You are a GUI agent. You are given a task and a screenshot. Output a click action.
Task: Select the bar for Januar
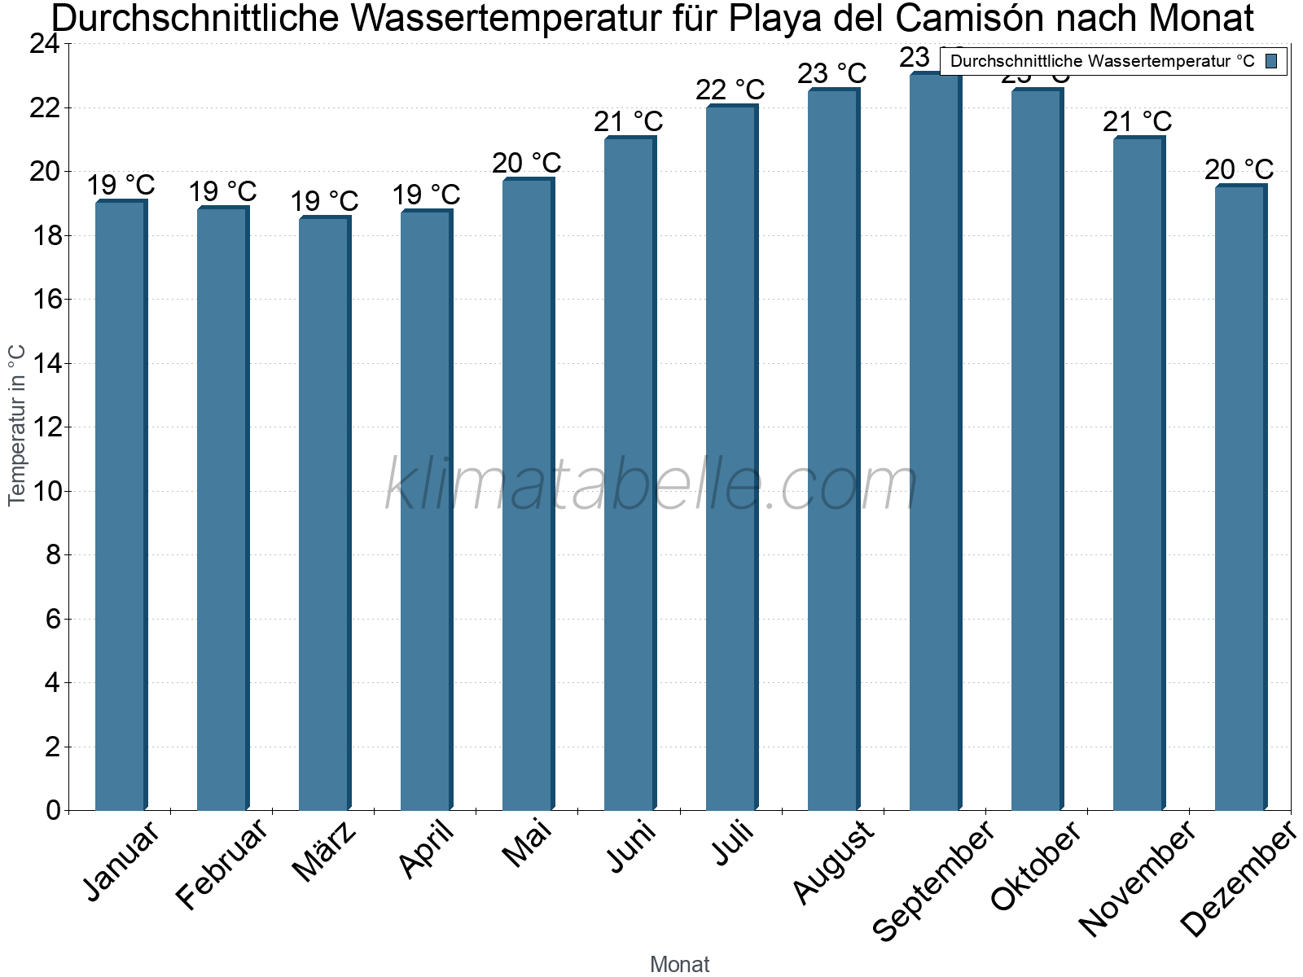pyautogui.click(x=121, y=505)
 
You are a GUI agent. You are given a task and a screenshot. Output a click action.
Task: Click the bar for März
pyautogui.click(x=324, y=513)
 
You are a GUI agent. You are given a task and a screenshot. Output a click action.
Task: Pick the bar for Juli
pyautogui.click(x=731, y=456)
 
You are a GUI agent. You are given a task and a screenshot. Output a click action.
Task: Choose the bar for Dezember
pyautogui.click(x=1240, y=497)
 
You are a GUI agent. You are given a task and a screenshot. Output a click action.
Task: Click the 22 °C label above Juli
pyautogui.click(x=730, y=90)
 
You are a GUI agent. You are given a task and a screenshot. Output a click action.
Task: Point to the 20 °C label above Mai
pyautogui.click(x=527, y=163)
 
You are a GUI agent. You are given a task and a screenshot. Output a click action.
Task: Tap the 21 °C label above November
pyautogui.click(x=1138, y=121)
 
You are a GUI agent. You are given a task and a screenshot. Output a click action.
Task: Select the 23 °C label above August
pyautogui.click(x=832, y=73)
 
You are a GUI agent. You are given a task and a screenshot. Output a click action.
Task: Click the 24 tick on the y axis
pyautogui.click(x=45, y=44)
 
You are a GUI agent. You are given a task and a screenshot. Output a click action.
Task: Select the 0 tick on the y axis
pyautogui.click(x=54, y=810)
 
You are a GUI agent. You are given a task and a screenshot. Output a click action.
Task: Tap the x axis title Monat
pyautogui.click(x=680, y=964)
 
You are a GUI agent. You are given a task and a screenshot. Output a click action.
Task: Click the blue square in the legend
pyautogui.click(x=1272, y=60)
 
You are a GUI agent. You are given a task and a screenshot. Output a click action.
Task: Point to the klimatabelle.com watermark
pyautogui.click(x=651, y=485)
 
